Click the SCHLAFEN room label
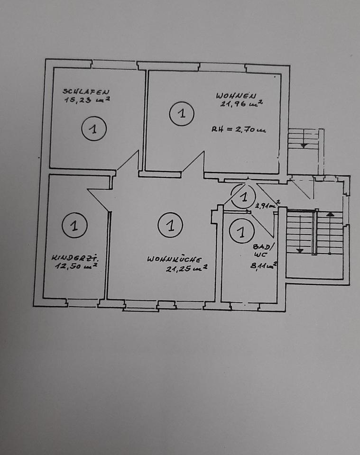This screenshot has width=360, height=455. pyautogui.click(x=86, y=91)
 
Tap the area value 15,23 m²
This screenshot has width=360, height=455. pyautogui.click(x=87, y=100)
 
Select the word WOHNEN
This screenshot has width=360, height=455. pyautogui.click(x=236, y=95)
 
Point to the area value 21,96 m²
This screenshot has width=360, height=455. pyautogui.click(x=241, y=104)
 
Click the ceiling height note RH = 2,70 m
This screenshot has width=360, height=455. pyautogui.click(x=239, y=130)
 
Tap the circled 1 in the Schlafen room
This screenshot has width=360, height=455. pyautogui.click(x=94, y=128)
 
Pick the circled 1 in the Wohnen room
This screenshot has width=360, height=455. pyautogui.click(x=182, y=113)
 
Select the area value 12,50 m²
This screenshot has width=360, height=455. pyautogui.click(x=76, y=266)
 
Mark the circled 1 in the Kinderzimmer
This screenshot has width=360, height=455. pyautogui.click(x=74, y=225)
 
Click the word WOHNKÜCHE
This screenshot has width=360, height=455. pyautogui.click(x=174, y=259)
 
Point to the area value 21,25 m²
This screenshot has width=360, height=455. pyautogui.click(x=187, y=268)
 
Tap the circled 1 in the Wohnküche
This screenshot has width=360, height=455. pyautogui.click(x=170, y=225)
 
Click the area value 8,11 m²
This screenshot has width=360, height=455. pyautogui.click(x=263, y=265)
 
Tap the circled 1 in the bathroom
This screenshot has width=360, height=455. pyautogui.click(x=241, y=232)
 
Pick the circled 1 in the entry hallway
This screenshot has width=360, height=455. pyautogui.click(x=243, y=196)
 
